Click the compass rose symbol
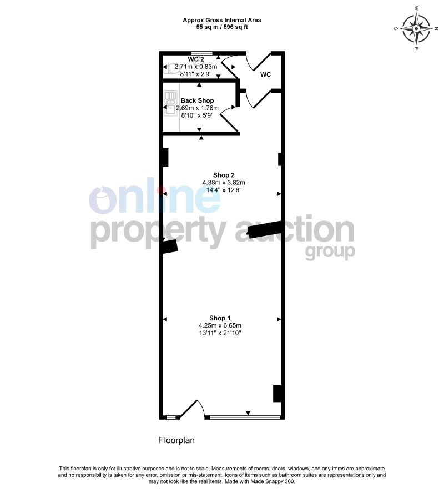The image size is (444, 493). click(416, 28)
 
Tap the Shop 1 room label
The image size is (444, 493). click(220, 318)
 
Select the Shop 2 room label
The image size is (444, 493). click(224, 175)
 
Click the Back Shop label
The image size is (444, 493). click(197, 100)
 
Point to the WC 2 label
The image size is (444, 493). click(196, 59)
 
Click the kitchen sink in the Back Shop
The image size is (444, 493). click(170, 103)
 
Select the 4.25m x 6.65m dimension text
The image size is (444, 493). click(220, 325)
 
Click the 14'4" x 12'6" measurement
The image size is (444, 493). click(224, 190)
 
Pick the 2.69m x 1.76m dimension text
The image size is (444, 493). click(197, 108)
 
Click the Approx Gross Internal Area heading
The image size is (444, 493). click(222, 20)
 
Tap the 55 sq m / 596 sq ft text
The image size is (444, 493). click(222, 27)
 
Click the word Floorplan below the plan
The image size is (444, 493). click(176, 440)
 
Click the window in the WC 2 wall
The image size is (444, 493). click(201, 53)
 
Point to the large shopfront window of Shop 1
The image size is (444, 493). click(244, 417)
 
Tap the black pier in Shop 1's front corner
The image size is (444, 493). click(277, 393)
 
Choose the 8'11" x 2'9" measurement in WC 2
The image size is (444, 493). click(196, 74)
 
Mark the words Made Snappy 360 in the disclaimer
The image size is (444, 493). click(277, 481)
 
